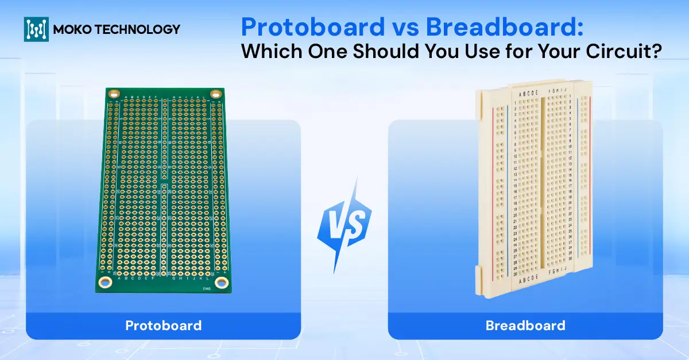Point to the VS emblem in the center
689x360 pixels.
click(x=345, y=224)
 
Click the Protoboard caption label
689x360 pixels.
click(x=164, y=326)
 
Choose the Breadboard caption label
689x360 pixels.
click(x=525, y=326)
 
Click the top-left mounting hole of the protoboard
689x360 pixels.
click(x=114, y=94)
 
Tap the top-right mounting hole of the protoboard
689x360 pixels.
click(x=215, y=94)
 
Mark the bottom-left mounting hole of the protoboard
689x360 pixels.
click(x=105, y=281)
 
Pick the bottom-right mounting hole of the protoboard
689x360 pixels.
click(x=222, y=282)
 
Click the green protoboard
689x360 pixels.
click(x=164, y=189)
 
